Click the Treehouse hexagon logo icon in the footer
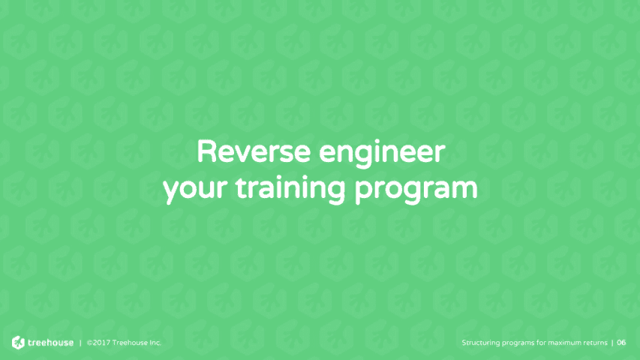(x=18, y=343)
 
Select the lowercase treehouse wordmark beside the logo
(x=51, y=343)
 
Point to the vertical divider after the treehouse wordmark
(x=80, y=343)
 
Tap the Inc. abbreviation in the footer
(x=155, y=343)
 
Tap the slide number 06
(x=621, y=343)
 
